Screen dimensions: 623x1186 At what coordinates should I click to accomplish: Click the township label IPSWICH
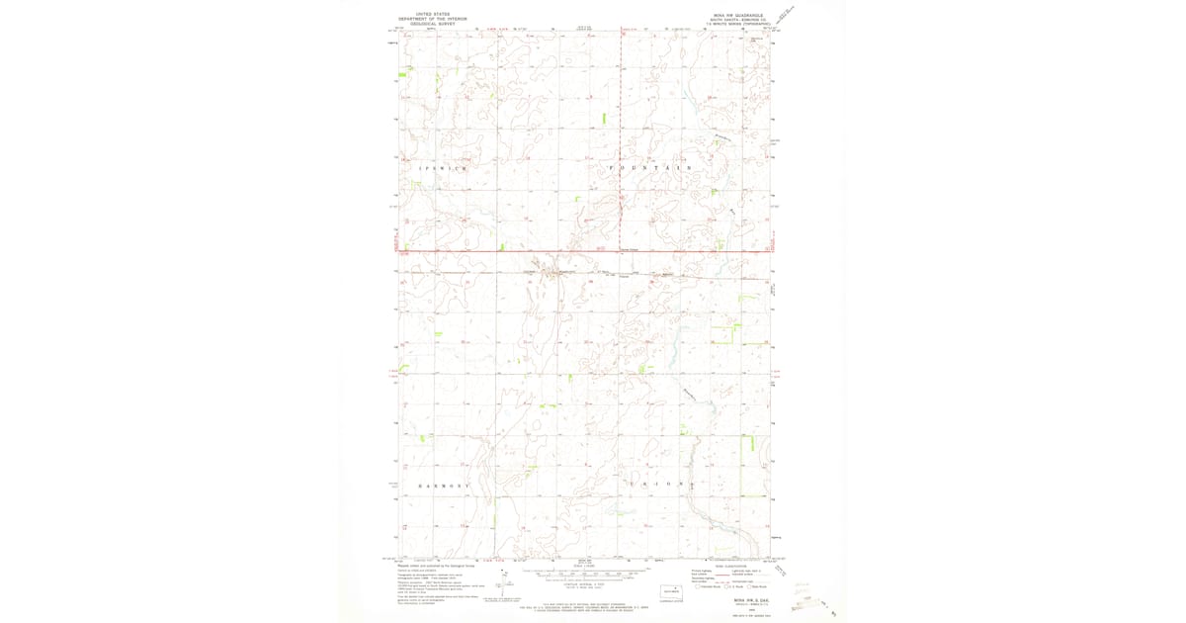tap(442, 169)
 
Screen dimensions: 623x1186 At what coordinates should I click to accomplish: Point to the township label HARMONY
tap(442, 487)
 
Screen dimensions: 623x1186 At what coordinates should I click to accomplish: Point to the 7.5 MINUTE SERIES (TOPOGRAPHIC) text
tap(734, 25)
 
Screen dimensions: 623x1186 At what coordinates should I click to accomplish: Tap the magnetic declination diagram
tap(506, 576)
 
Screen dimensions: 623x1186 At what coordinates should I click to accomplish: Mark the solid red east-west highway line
tap(583, 251)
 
